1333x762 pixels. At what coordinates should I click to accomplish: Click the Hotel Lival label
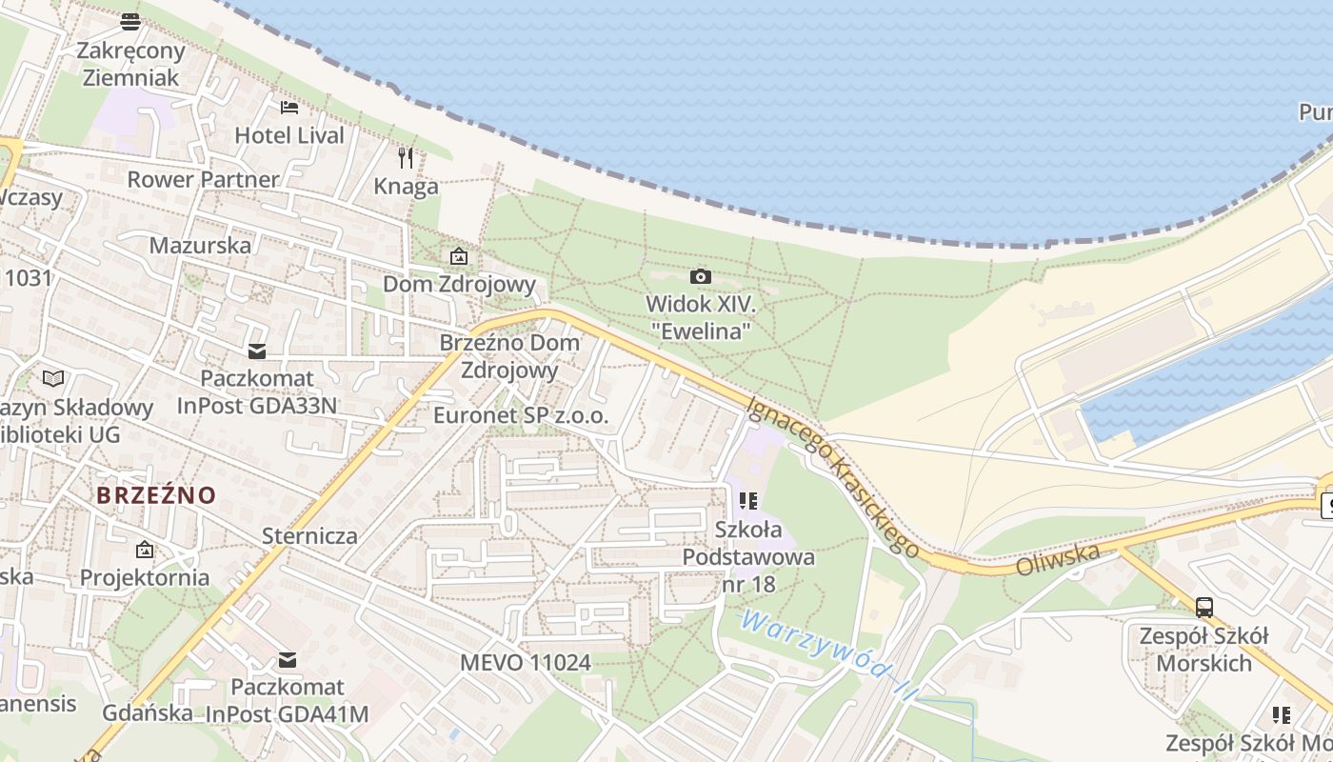(x=289, y=135)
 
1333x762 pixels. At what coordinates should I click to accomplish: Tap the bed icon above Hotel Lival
(x=288, y=108)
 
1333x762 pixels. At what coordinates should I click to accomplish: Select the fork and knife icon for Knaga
(x=406, y=157)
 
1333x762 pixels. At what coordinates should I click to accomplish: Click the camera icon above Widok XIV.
(x=700, y=276)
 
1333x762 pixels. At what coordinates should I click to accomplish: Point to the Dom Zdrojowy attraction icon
(x=459, y=256)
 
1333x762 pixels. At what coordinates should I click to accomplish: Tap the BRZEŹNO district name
(x=156, y=495)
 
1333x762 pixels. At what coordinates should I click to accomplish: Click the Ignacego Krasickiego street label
(x=833, y=476)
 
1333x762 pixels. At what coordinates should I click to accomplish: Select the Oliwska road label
(x=1058, y=559)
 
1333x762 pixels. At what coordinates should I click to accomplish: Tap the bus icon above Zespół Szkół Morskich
(x=1204, y=607)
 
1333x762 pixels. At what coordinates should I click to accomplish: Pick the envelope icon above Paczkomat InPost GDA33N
(x=257, y=351)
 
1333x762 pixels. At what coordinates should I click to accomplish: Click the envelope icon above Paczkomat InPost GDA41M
(x=288, y=659)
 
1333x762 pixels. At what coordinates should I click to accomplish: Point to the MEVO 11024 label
(x=525, y=662)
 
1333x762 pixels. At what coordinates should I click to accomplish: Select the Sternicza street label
(x=309, y=535)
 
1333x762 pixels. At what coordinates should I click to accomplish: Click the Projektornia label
(x=145, y=577)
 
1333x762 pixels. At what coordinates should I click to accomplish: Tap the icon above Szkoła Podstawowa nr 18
(x=748, y=500)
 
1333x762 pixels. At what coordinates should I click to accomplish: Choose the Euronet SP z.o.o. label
(x=520, y=415)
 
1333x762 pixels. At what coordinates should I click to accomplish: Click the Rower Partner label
(x=203, y=179)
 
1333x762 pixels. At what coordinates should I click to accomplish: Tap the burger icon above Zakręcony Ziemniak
(x=130, y=21)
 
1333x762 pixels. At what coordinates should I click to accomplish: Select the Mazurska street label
(x=200, y=245)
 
